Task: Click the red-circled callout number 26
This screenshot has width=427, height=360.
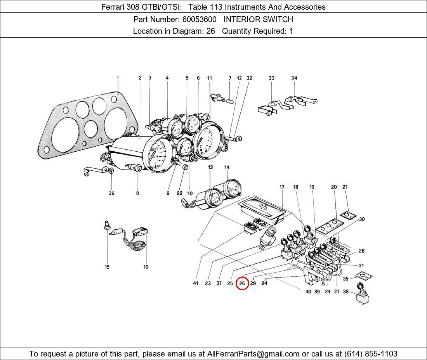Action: [x=242, y=283]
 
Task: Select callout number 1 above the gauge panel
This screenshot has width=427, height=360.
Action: [x=118, y=78]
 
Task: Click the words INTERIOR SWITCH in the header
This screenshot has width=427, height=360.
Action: [x=258, y=19]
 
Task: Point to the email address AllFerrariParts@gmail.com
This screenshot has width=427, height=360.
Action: [x=253, y=354]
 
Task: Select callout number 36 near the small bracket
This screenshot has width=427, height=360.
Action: [x=111, y=193]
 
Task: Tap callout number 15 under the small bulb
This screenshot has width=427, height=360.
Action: [x=107, y=267]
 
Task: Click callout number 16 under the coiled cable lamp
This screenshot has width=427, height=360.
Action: [x=146, y=267]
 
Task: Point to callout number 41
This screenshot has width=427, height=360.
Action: [x=196, y=283]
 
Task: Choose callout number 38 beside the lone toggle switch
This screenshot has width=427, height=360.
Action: [x=346, y=292]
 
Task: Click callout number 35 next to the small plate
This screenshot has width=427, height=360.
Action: [x=346, y=279]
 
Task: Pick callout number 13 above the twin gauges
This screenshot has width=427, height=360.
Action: [x=210, y=168]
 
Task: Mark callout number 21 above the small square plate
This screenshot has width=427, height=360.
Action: [x=345, y=187]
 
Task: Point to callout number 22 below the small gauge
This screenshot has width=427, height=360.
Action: [x=179, y=193]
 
